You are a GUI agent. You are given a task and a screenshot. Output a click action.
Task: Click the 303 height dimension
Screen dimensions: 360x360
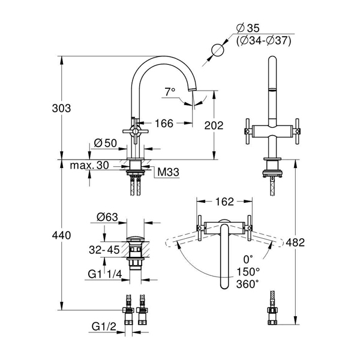[61, 109]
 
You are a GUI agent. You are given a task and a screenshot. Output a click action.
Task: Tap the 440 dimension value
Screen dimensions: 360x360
[61, 236]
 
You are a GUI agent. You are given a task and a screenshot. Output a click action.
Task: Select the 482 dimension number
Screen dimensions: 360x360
[295, 242]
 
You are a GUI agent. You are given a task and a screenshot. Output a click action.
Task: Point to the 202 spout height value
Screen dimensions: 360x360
[214, 125]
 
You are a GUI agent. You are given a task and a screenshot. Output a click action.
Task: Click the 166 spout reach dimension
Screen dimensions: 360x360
[164, 124]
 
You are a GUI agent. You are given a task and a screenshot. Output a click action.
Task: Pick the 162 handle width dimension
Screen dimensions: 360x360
[224, 202]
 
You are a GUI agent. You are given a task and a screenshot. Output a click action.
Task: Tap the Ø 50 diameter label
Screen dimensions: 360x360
[106, 143]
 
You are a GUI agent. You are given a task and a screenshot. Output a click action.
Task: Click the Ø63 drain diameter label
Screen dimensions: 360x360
[107, 217]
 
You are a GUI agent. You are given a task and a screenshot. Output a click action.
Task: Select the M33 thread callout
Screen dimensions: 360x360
[168, 172]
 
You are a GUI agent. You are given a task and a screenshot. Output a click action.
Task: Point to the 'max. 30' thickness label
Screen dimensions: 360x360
[89, 166]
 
